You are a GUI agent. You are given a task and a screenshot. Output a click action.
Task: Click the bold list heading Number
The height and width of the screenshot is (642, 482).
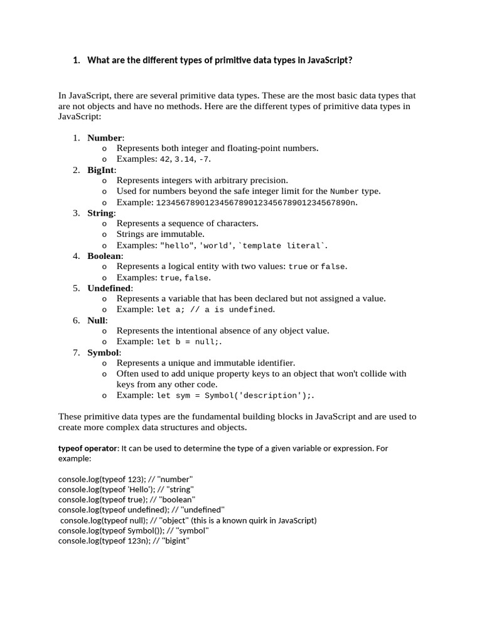tap(105, 137)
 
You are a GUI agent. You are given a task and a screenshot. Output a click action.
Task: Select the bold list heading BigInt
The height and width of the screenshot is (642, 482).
tap(101, 170)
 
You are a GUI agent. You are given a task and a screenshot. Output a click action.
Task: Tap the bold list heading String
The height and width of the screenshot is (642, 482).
tap(100, 213)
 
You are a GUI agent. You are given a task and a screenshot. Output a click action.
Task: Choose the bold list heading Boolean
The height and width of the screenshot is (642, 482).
tap(105, 256)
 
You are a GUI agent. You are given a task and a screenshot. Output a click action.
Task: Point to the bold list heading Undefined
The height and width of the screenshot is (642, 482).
tap(109, 288)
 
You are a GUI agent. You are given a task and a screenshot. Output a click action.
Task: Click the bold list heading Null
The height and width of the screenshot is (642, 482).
tap(97, 320)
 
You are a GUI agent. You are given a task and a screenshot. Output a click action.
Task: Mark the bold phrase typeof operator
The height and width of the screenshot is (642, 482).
tap(87, 448)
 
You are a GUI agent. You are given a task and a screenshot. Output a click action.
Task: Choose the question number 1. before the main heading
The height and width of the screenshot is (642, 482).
tap(77, 60)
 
